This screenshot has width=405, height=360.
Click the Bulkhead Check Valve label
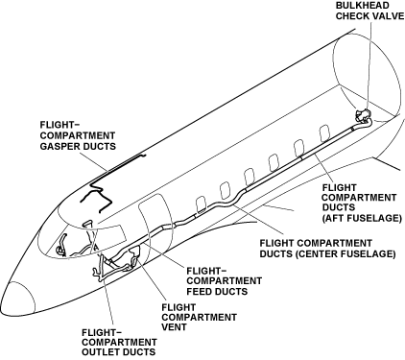(369, 11)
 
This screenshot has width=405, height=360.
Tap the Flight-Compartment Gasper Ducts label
(78, 135)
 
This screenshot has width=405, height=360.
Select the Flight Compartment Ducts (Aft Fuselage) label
(362, 203)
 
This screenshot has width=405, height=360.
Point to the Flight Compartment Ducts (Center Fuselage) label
(327, 249)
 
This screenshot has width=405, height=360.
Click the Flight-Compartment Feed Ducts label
(224, 281)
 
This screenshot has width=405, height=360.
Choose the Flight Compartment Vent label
(199, 318)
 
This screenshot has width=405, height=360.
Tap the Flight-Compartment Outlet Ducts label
(119, 342)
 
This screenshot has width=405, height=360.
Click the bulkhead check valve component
(363, 115)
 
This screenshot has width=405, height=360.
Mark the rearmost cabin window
(324, 132)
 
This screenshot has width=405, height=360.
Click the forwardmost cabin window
(201, 204)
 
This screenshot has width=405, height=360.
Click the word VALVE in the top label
(388, 15)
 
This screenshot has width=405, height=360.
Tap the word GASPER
(60, 146)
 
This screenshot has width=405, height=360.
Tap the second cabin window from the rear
(299, 147)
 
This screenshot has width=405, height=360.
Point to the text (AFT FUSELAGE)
(362, 218)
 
